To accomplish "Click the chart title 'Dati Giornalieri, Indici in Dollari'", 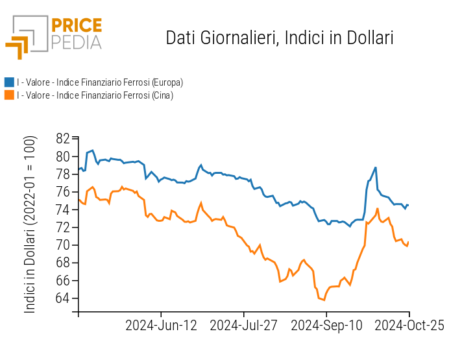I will click(280, 38).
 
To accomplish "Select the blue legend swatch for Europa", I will click(9, 82).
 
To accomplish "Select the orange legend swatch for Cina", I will click(9, 95).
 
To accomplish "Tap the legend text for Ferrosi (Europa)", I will click(100, 82).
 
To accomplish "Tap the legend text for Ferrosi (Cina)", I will click(95, 95).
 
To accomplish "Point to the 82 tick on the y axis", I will click(63, 138).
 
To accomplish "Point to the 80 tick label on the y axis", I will click(63, 156).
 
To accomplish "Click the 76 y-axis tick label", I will click(63, 192).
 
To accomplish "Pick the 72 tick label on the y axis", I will click(63, 228).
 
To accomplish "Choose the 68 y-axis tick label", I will click(63, 263).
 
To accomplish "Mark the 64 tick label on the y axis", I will click(63, 299).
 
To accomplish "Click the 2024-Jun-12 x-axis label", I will click(161, 326).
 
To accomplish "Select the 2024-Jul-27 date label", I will click(244, 326).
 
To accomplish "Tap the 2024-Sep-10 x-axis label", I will click(326, 326).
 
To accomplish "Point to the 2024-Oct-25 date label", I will click(409, 326).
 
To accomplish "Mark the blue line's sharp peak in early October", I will click(376, 168).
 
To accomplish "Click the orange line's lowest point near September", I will click(323, 300).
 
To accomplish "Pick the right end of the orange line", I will click(409, 242).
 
